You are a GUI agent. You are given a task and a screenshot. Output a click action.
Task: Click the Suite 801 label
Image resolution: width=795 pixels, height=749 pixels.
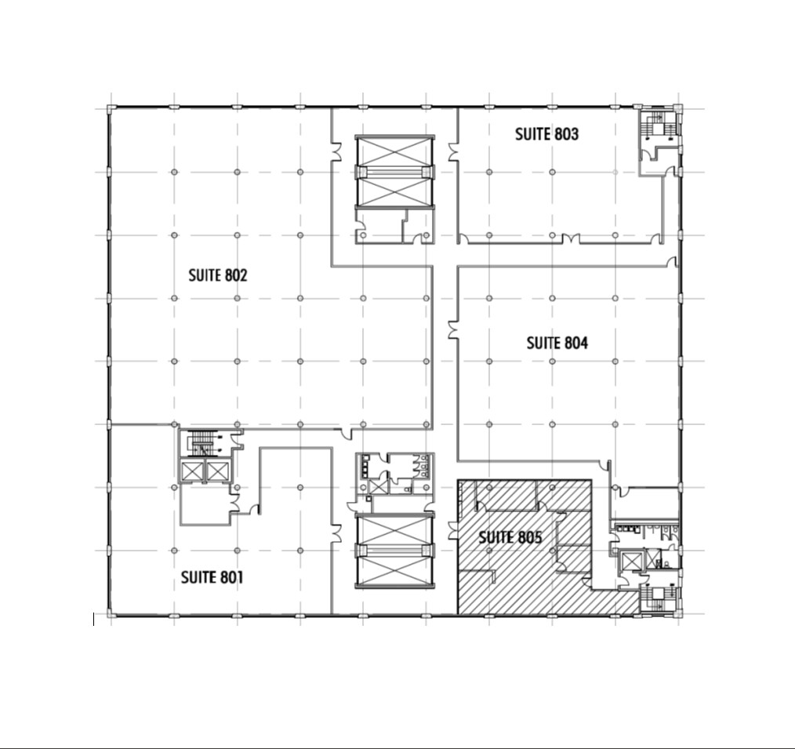tap(212, 577)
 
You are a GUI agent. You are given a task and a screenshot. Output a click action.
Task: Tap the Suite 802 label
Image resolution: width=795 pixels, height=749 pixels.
tap(218, 275)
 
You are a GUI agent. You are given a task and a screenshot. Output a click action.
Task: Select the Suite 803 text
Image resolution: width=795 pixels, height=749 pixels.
tap(546, 134)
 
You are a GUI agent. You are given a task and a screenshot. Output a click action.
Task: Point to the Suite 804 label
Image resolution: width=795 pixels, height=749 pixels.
tap(557, 343)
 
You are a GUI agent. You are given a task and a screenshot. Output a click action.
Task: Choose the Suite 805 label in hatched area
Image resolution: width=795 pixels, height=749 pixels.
tap(510, 537)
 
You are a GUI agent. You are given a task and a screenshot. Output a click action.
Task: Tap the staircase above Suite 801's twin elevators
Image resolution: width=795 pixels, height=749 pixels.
tap(204, 444)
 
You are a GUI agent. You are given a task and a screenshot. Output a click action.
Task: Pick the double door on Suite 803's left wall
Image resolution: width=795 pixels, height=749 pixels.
tap(453, 151)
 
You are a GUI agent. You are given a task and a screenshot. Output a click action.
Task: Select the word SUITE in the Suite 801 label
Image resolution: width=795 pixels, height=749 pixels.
tap(198, 577)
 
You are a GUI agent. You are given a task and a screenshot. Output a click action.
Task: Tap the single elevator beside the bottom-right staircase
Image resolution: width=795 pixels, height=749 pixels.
tap(630, 562)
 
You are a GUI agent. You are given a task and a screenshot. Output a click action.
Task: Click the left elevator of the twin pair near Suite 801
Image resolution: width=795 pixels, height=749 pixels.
tap(192, 471)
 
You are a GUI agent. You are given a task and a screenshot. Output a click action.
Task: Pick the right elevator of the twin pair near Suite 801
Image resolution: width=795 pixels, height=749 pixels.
tap(216, 471)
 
